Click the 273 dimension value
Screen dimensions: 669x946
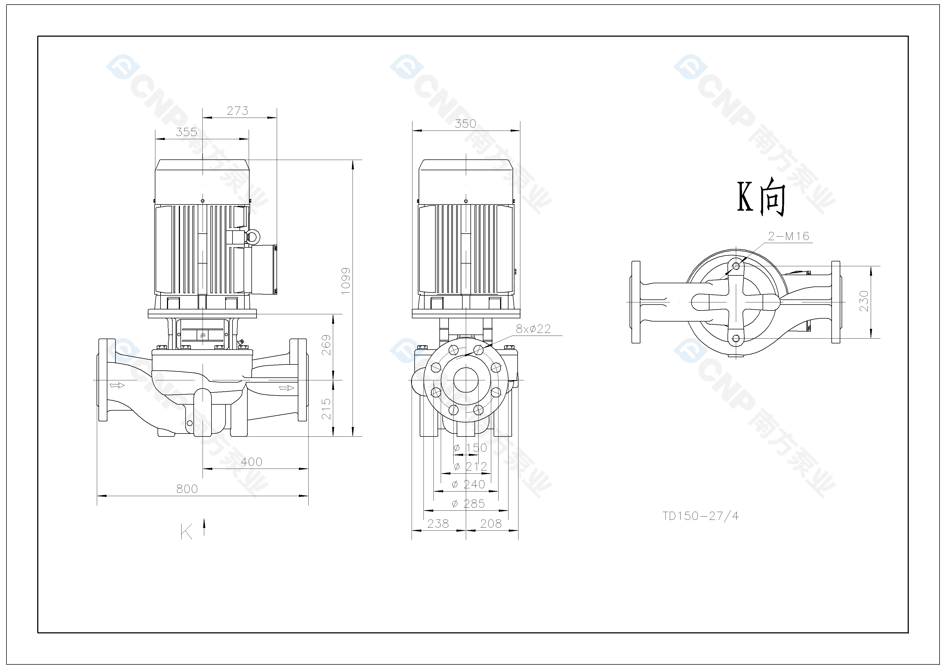point(238,111)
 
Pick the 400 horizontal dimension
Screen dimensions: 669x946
point(251,462)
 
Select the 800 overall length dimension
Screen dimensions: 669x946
point(187,489)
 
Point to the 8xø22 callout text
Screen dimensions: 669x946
point(533,329)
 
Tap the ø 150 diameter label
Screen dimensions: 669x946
point(470,448)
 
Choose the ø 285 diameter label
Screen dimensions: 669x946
point(469,503)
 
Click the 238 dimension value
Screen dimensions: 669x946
point(438,524)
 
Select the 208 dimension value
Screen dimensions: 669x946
point(491,524)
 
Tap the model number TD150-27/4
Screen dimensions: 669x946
point(701,516)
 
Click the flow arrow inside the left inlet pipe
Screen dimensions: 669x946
point(117,385)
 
